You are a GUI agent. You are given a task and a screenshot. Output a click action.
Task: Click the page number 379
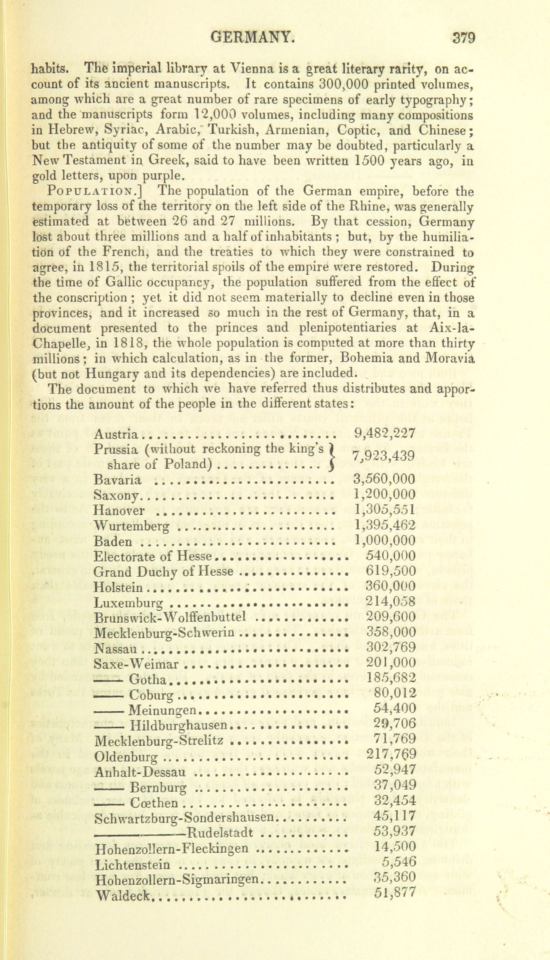pyautogui.click(x=463, y=39)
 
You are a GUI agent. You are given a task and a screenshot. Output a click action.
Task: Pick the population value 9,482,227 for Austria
pyautogui.click(x=384, y=433)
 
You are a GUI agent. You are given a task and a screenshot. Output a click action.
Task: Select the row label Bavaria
pyautogui.click(x=117, y=479)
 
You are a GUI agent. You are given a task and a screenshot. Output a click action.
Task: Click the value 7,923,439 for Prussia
pyautogui.click(x=383, y=456)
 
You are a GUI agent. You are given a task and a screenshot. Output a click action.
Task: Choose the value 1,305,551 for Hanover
pyautogui.click(x=384, y=510)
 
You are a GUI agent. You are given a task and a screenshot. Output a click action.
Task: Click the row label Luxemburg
pyautogui.click(x=129, y=603)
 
